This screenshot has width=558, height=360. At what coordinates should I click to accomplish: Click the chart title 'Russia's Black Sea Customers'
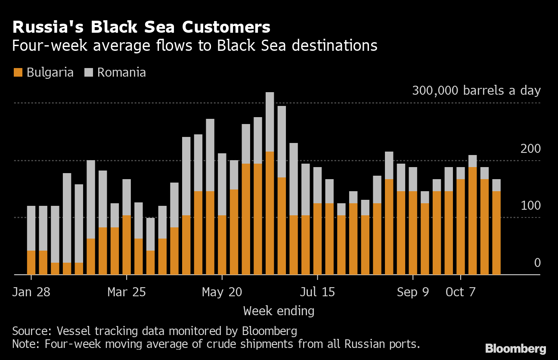click(x=141, y=27)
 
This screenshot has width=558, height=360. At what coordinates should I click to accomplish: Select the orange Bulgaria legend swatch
click(x=18, y=72)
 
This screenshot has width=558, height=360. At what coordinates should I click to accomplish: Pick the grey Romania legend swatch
click(x=89, y=72)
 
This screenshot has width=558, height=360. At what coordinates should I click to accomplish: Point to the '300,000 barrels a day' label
click(x=476, y=90)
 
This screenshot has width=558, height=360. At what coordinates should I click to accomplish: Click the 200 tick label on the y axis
click(x=530, y=149)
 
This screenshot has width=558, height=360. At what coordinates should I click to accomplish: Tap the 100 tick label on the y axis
click(x=530, y=206)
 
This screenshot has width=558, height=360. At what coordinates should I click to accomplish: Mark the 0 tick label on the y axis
click(x=537, y=263)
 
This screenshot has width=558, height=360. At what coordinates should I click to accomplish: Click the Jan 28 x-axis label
click(x=31, y=292)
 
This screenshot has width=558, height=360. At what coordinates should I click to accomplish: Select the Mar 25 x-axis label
click(x=127, y=292)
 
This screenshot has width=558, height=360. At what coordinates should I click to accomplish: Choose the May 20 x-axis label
click(x=222, y=292)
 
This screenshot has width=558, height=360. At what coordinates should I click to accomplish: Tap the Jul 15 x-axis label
click(x=317, y=292)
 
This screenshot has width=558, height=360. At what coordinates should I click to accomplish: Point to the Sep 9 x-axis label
click(x=413, y=292)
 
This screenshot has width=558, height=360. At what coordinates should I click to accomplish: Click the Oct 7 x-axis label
click(x=461, y=292)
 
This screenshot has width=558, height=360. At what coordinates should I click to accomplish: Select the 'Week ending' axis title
click(x=279, y=311)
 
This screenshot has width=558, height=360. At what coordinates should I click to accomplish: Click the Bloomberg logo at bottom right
click(x=516, y=349)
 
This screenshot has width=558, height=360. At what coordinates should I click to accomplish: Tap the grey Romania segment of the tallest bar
click(x=270, y=122)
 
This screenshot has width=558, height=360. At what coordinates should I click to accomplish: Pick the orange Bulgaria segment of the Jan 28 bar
click(x=31, y=263)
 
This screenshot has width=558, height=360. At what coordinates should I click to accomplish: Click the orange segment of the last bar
click(x=496, y=233)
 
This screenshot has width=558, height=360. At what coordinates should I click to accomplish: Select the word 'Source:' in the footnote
click(x=32, y=331)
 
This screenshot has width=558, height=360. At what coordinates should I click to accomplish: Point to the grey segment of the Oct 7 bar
click(x=461, y=173)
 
